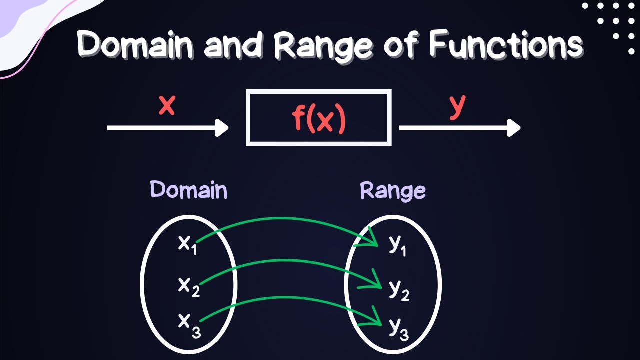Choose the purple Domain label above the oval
pos(189,190)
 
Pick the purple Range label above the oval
pos(393,191)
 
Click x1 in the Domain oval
pos(187,244)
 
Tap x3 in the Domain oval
pos(189,324)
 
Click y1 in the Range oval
pos(397,246)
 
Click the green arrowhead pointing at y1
pos(372,240)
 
